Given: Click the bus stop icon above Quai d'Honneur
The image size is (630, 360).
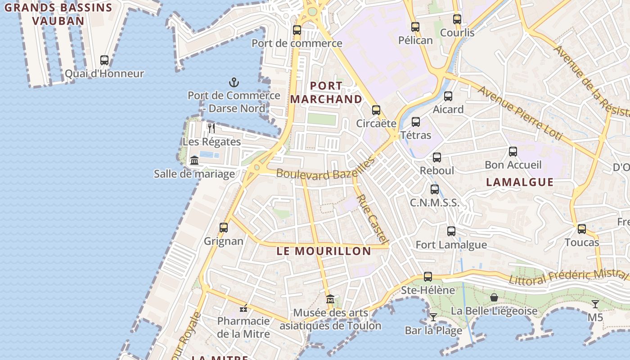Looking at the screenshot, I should pos(104,60).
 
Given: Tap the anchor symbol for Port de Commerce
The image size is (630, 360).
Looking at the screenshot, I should pos(234,82).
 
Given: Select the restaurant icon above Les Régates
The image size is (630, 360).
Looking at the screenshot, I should pos(211,128).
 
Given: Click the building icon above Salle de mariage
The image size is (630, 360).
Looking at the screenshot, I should pos(194,160).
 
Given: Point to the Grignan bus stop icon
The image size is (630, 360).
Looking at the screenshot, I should pos(224,228).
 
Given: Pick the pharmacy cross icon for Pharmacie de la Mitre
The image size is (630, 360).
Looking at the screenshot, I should pos(243,308).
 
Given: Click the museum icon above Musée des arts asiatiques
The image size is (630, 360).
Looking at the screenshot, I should pos(330,299).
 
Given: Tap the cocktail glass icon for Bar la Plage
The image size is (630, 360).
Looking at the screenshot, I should pos(433,317).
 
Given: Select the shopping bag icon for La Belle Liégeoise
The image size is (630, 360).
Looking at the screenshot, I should pos(494,297).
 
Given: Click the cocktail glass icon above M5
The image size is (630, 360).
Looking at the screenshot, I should pos(595,304).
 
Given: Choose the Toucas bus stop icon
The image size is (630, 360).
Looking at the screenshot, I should pos(582,229).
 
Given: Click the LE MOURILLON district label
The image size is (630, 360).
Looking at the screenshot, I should pos(324,251).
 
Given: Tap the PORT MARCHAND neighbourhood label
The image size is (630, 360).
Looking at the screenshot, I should pos(327,92).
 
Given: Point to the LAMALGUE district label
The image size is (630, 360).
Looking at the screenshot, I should pos(520,182).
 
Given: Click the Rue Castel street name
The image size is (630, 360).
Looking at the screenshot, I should pos(373,220).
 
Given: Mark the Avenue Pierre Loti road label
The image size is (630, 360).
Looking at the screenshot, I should pos(520,112).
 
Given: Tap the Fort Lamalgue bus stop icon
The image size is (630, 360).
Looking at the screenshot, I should pos(451,231).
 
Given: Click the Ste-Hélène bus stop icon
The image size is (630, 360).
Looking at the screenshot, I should pos(428,277).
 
